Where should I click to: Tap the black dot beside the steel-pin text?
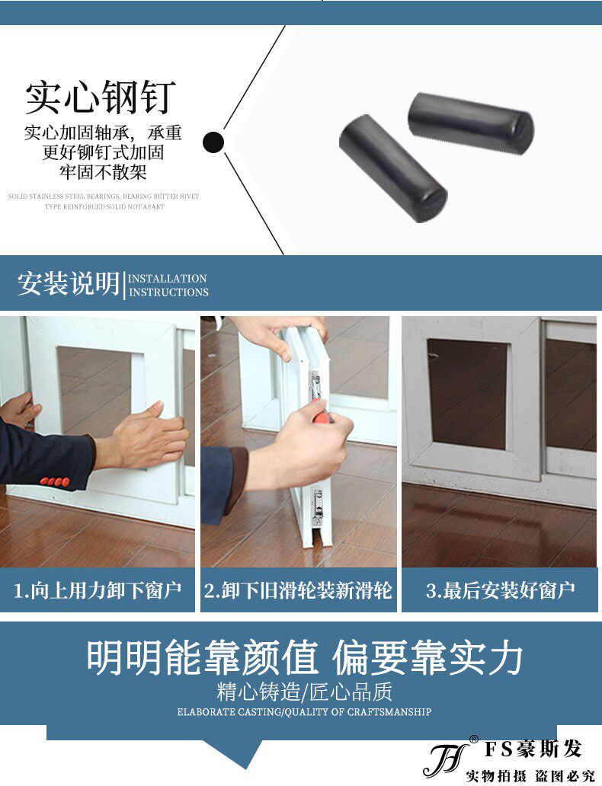[x=213, y=142]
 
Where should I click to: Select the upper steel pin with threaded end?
[x=470, y=120]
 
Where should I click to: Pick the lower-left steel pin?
[x=392, y=168]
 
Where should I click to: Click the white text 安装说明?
[x=69, y=284]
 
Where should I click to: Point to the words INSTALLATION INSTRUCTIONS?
[x=168, y=285]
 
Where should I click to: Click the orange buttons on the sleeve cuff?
[x=55, y=482]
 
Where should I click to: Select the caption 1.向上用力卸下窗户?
[x=98, y=590]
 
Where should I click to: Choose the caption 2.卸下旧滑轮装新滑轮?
[x=298, y=590]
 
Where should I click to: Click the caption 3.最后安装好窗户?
[x=500, y=590]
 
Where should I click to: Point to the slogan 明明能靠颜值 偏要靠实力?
[x=305, y=657]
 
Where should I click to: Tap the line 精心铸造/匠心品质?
[x=305, y=692]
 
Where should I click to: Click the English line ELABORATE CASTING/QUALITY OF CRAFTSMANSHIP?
[x=305, y=712]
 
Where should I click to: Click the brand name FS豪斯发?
[x=533, y=749]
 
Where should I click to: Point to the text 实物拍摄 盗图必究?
[x=530, y=776]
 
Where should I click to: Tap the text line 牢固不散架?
[x=103, y=172]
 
